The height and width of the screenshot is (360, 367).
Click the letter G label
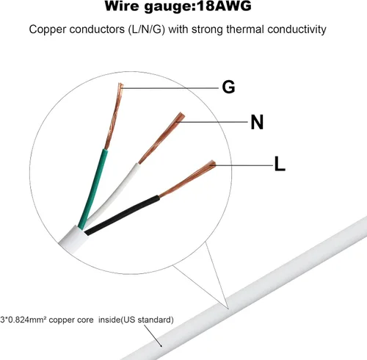coord(228,87)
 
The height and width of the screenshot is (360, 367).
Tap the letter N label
coord(257,122)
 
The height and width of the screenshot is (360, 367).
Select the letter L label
coord(280,164)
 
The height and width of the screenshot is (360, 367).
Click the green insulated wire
coord(93,189)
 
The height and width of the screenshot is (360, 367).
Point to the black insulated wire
coord(123,215)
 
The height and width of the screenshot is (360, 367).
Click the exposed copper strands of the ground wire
coord(114,116)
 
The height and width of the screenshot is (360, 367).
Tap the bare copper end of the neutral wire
coord(161,138)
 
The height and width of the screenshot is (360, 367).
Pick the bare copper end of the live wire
coord(187,179)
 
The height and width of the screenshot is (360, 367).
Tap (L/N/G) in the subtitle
coord(146,29)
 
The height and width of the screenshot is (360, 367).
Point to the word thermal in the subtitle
coord(245,29)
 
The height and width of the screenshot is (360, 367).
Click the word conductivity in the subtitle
coord(297,29)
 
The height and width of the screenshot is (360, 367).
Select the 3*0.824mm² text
coord(23,320)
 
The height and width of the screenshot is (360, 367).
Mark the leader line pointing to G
coord(170,87)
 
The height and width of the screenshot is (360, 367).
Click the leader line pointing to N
coord(212,121)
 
